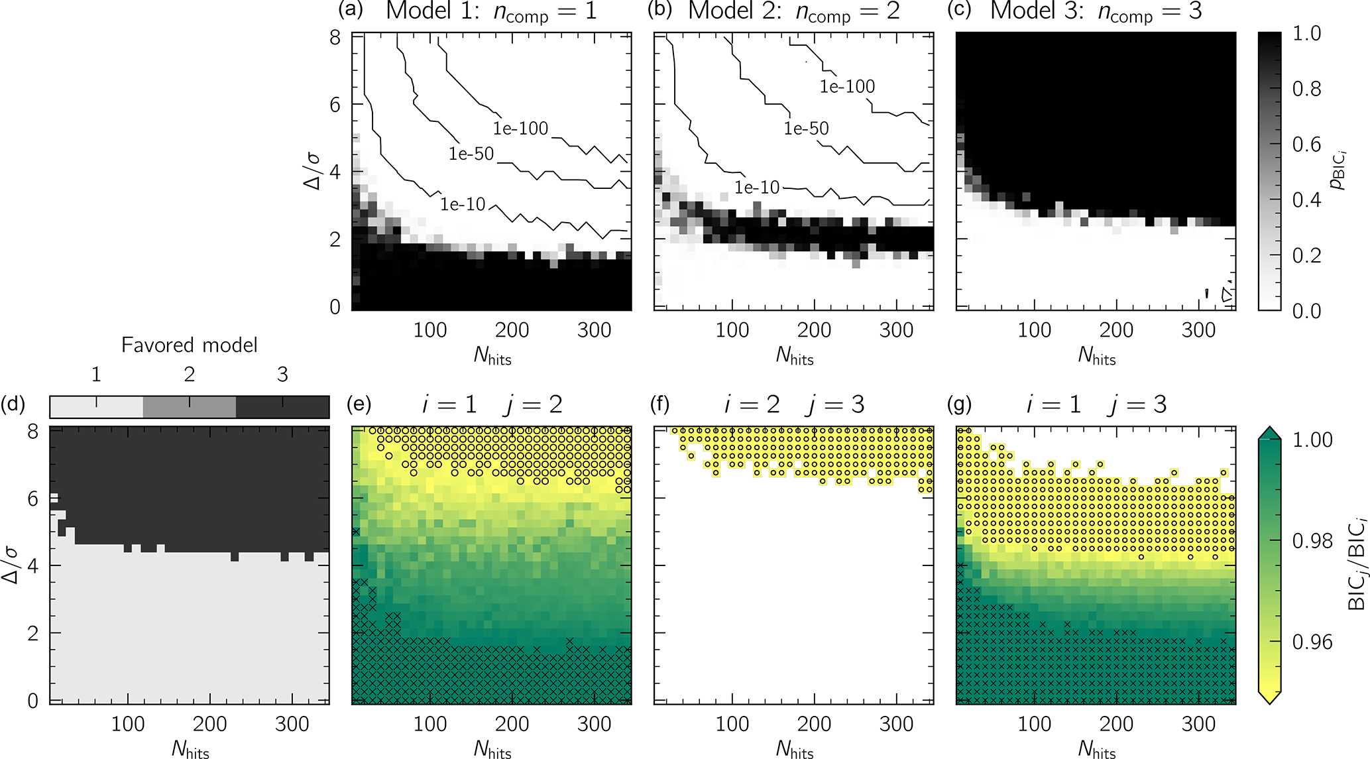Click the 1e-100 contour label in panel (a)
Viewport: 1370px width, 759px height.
coord(520,128)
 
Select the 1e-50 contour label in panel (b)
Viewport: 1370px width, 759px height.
coord(806,128)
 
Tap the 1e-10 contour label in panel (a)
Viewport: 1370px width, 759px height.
coord(463,204)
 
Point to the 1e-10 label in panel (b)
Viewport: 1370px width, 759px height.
coord(757,188)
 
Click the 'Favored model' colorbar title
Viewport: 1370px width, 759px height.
coord(189,345)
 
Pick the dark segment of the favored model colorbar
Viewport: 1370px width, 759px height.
coord(282,407)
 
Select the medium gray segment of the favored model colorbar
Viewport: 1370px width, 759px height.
coord(190,407)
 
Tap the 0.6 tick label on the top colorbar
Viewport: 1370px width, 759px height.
coord(1306,145)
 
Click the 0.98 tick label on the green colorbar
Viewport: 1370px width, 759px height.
coord(1312,542)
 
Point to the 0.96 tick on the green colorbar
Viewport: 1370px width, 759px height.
coord(1312,642)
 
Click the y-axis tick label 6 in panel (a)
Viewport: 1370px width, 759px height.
coord(335,105)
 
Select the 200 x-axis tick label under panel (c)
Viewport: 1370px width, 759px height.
coord(1116,330)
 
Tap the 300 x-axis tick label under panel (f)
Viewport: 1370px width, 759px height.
coord(896,725)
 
